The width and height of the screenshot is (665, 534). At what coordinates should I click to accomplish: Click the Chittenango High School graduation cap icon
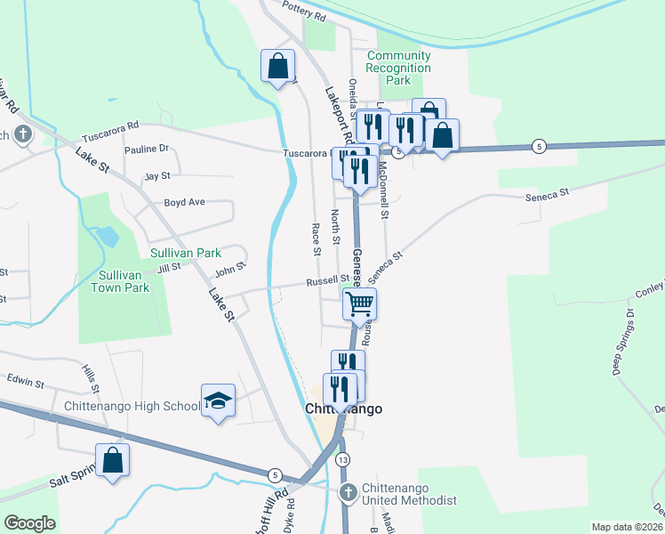(x=218, y=401)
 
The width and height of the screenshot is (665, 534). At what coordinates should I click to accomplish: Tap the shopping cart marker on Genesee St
(x=360, y=303)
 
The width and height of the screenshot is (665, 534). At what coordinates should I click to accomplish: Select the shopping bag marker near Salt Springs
(x=112, y=461)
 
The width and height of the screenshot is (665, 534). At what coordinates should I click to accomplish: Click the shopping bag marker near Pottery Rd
(x=278, y=65)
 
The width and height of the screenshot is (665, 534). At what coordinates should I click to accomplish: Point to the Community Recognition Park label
(x=399, y=68)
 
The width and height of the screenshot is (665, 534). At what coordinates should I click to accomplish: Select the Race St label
(x=316, y=239)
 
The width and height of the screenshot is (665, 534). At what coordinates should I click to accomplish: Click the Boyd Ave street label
(x=184, y=203)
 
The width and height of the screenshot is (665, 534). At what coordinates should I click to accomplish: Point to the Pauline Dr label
(x=147, y=150)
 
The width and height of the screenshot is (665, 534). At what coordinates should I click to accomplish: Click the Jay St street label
(x=156, y=177)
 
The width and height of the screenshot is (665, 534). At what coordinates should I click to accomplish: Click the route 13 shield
(x=343, y=459)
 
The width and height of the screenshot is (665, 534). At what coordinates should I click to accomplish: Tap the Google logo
(x=29, y=523)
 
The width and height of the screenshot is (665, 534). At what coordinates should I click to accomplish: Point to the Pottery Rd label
(x=304, y=12)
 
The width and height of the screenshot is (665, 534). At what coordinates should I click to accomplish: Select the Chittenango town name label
(x=343, y=409)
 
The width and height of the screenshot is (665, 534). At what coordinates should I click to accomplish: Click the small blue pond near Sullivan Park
(x=107, y=237)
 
